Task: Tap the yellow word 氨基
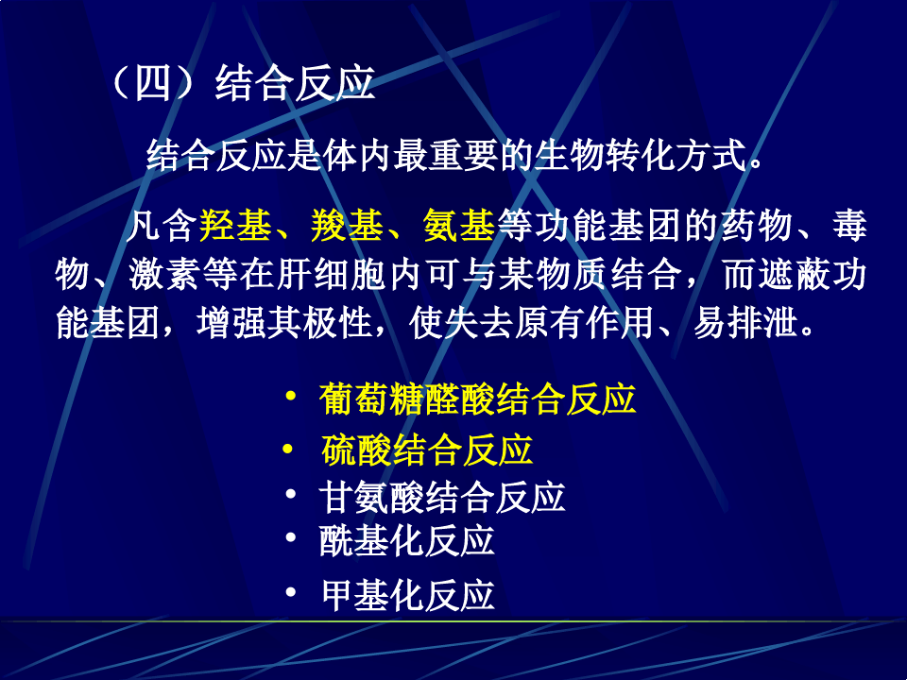(459, 227)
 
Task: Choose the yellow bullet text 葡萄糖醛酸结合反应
(478, 399)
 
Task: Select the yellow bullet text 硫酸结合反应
(427, 450)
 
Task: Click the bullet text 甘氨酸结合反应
(443, 496)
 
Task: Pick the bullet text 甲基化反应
(407, 595)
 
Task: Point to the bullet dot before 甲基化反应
(291, 592)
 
